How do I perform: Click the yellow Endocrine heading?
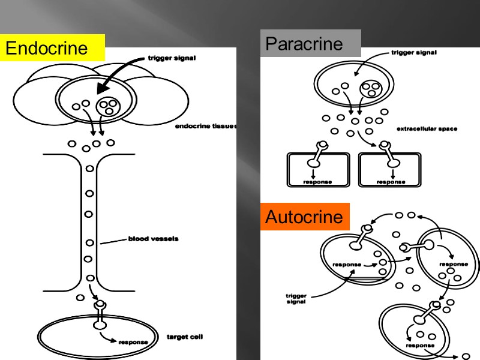[x=53, y=48]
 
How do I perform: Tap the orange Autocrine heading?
[x=304, y=217]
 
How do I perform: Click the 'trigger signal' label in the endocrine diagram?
[x=172, y=58]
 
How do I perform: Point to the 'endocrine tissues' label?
[x=206, y=127]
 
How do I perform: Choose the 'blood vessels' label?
[x=153, y=239]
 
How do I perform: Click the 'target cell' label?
[x=184, y=337]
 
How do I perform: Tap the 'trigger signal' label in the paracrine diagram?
[x=414, y=52]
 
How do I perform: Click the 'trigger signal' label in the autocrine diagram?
[x=295, y=298]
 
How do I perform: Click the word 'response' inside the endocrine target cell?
[x=133, y=342]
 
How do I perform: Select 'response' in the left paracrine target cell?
[x=317, y=181]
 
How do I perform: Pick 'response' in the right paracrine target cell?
[x=390, y=181]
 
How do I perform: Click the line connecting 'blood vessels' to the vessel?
[x=112, y=241]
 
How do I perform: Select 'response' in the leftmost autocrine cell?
[x=347, y=265]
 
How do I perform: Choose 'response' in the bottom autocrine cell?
[x=419, y=345]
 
